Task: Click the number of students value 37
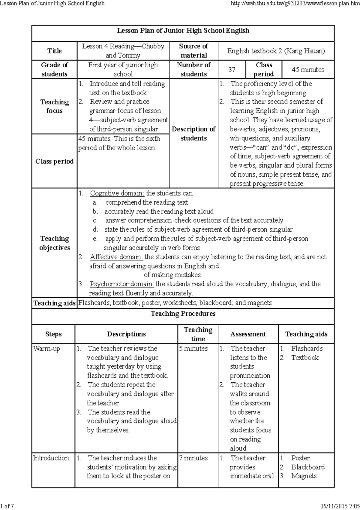coord(232,70)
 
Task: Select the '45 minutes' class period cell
coord(308,70)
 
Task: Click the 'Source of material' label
coord(193,51)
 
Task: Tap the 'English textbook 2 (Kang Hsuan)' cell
coord(276,51)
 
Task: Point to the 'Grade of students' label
coord(54,69)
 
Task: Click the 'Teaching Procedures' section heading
coord(183,314)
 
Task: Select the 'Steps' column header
coord(53,334)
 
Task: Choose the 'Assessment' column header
coord(248,334)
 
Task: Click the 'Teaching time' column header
coord(198,334)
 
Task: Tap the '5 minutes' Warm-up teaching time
coord(193,348)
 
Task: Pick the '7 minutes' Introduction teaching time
coord(193,458)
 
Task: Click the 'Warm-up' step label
coord(46,348)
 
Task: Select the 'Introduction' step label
coord(51,458)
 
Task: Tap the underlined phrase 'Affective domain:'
coord(117,257)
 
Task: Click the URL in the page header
coord(294,3)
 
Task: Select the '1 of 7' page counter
coord(7,506)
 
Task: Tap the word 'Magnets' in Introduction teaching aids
coord(304,476)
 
